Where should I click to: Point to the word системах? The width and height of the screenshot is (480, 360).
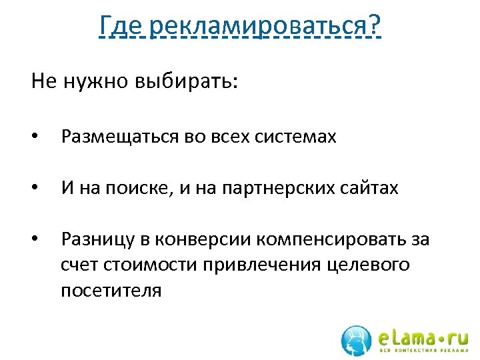[x=297, y=137]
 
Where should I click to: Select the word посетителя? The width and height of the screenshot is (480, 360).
[x=111, y=291]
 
